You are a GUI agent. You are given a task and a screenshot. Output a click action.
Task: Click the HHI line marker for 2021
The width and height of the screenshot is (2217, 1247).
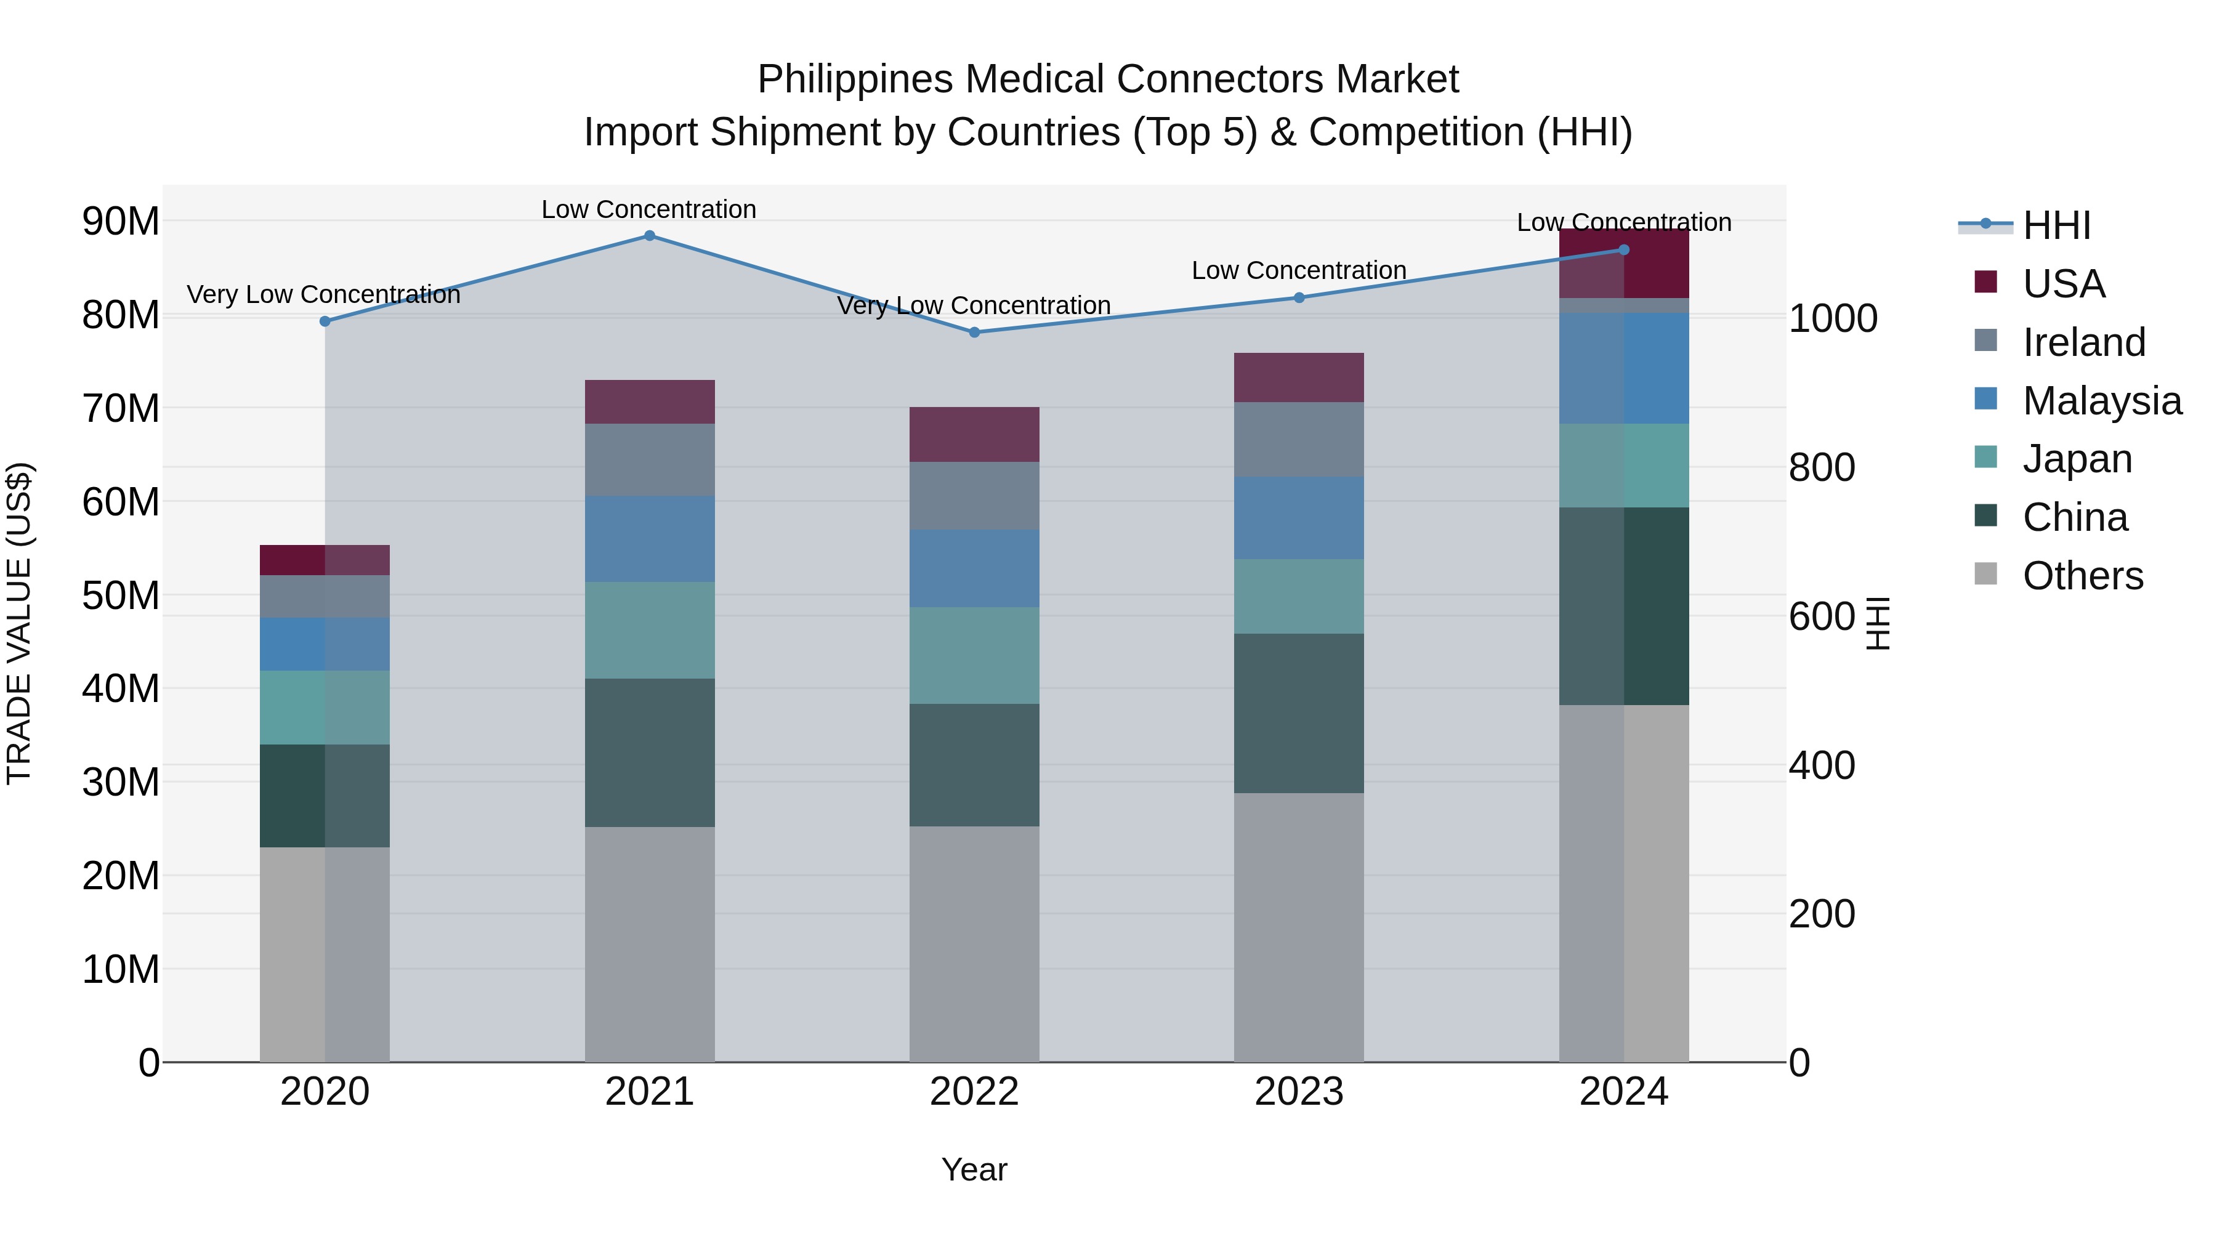pyautogui.click(x=650, y=236)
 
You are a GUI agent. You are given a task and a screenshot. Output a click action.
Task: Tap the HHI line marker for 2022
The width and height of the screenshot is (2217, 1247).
pyautogui.click(x=974, y=332)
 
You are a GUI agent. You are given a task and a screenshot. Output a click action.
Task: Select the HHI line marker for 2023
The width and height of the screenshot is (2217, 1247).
pyautogui.click(x=1299, y=298)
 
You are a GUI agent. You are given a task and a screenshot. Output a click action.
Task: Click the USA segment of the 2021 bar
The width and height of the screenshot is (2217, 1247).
pyautogui.click(x=650, y=402)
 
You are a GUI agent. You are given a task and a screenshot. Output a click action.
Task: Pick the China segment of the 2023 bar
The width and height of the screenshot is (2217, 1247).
pyautogui.click(x=1299, y=714)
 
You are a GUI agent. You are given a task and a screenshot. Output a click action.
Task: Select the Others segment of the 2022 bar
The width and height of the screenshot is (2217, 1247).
pyautogui.click(x=974, y=944)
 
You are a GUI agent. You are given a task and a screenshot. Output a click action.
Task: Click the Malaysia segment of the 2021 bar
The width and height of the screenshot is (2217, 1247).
pyautogui.click(x=650, y=539)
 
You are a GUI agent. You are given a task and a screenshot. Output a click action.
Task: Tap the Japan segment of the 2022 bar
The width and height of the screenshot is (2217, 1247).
pyautogui.click(x=974, y=656)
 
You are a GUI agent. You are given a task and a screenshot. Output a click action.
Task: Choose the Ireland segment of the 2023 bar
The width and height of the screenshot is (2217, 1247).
pyautogui.click(x=1299, y=440)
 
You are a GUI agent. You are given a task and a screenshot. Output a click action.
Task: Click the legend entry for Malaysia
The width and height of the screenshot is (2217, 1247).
pyautogui.click(x=2101, y=401)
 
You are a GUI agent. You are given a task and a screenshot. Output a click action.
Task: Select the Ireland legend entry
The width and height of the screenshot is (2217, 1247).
pyautogui.click(x=2083, y=342)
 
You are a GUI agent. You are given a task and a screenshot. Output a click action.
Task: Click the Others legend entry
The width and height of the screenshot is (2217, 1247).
pyautogui.click(x=2082, y=576)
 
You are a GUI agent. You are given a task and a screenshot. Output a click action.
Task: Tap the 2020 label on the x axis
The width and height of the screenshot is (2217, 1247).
pyautogui.click(x=325, y=1092)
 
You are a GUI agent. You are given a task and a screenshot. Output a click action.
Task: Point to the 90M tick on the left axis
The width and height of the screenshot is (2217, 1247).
pyautogui.click(x=121, y=221)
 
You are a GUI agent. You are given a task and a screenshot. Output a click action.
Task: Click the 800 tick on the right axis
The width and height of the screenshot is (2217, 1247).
pyautogui.click(x=1821, y=467)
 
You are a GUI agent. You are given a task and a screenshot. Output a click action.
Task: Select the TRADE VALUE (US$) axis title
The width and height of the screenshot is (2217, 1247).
pyautogui.click(x=19, y=623)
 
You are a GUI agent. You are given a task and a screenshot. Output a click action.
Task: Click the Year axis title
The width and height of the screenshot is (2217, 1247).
pyautogui.click(x=974, y=1169)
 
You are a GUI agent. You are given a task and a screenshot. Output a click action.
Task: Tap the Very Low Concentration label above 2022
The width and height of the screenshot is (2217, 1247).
pyautogui.click(x=974, y=305)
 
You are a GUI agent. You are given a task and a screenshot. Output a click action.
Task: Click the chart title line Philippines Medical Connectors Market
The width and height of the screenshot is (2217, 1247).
pyautogui.click(x=1108, y=79)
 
